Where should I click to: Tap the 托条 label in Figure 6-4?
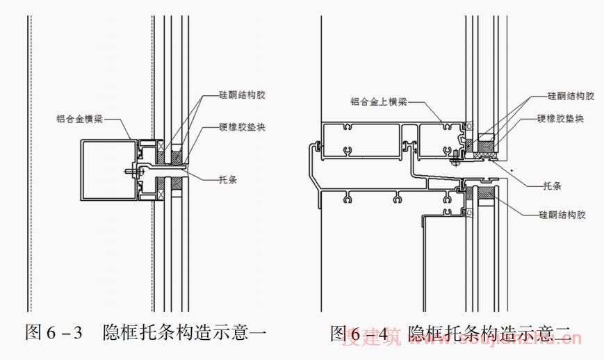point(552,186)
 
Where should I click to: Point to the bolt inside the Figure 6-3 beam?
point(131,169)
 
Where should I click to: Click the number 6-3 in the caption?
point(65,332)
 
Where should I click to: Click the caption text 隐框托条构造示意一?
point(184,332)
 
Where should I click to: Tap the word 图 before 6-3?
point(33,332)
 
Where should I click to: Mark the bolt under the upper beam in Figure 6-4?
point(455,163)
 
